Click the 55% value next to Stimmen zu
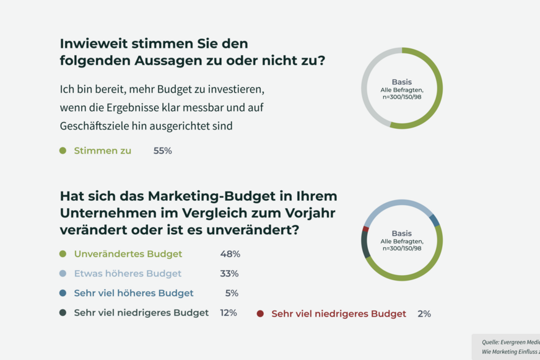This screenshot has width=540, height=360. (x=162, y=151)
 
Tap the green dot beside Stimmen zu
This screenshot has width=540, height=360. (x=63, y=151)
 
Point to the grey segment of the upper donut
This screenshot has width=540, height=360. (x=367, y=93)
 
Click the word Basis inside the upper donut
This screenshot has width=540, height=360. (x=401, y=82)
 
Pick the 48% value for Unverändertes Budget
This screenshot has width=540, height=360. (x=230, y=254)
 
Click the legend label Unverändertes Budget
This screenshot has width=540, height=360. (x=128, y=254)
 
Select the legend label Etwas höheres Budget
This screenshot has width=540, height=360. (x=128, y=274)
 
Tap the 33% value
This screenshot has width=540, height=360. (x=229, y=274)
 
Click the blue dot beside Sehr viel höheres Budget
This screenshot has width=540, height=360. (x=63, y=294)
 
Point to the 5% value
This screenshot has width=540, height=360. (x=232, y=294)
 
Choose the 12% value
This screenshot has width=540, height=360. (x=229, y=313)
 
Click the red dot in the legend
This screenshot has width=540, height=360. (x=260, y=314)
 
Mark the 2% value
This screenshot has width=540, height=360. (x=424, y=314)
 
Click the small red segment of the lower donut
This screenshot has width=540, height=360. (x=366, y=229)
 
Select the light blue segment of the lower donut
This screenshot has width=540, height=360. (x=396, y=204)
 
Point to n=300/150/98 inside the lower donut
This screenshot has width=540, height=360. (x=401, y=248)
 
